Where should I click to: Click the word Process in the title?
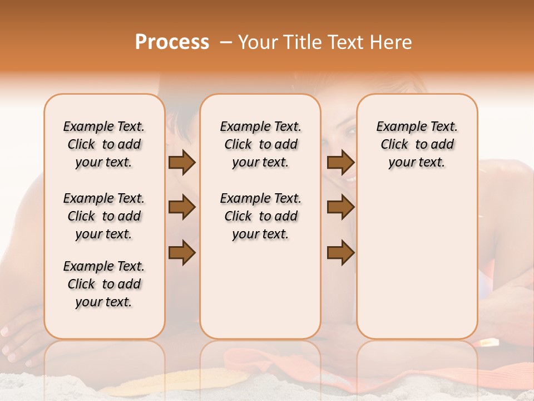coord(172,42)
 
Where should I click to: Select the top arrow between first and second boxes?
coord(182,163)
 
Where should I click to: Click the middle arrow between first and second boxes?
coord(182,207)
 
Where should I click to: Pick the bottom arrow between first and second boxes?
coord(182,253)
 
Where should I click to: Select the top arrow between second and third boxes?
coord(340,163)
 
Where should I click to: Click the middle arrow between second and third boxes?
coord(340,207)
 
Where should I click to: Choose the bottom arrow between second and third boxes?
coord(340,253)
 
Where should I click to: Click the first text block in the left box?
coord(104,144)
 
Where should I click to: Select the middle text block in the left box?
coord(104,216)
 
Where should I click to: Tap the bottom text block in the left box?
coord(104,284)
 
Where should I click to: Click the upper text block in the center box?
coord(260,144)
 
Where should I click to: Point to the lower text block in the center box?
coord(260,216)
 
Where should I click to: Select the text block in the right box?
coord(417,144)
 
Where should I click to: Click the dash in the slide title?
coord(226,42)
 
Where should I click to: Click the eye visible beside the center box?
coord(349,131)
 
